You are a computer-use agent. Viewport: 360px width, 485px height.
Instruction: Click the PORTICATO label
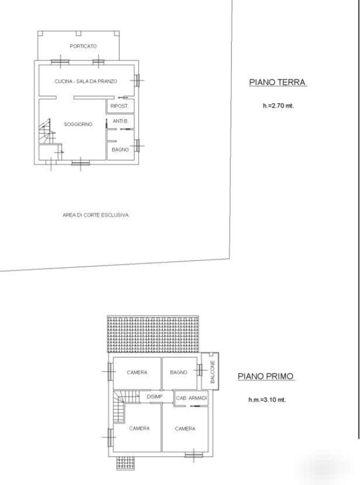point(83,46)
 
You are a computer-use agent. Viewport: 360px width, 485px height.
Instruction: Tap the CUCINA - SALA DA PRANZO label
point(86,81)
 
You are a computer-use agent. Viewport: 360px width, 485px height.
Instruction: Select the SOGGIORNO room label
point(78,124)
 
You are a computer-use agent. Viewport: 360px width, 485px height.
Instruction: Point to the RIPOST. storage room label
point(120,106)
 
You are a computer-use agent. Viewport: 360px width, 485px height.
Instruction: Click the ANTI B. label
point(120,121)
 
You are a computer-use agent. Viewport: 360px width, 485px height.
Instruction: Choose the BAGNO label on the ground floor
point(120,150)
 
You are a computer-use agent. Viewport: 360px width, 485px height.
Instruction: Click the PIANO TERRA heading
point(278,82)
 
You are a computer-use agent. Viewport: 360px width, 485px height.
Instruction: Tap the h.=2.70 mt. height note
point(278,106)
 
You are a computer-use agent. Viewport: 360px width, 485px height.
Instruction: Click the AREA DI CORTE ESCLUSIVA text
point(95,215)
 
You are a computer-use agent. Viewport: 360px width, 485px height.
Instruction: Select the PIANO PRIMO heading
point(265,377)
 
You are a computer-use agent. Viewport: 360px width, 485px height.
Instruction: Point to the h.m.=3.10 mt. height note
point(267,400)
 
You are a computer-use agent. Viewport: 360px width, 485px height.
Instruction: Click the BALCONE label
point(212,372)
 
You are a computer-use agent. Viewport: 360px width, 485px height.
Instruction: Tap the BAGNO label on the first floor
point(179,372)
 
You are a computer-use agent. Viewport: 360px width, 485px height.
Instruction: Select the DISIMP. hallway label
point(155,397)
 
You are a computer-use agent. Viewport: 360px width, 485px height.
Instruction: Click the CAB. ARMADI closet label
point(191,398)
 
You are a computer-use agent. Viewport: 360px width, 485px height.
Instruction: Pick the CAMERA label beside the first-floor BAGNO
point(137,372)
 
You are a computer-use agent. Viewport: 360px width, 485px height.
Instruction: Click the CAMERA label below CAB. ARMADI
point(185,429)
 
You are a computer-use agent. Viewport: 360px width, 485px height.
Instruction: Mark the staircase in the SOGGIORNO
point(47,131)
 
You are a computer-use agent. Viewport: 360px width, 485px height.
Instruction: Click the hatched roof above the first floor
point(153,334)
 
